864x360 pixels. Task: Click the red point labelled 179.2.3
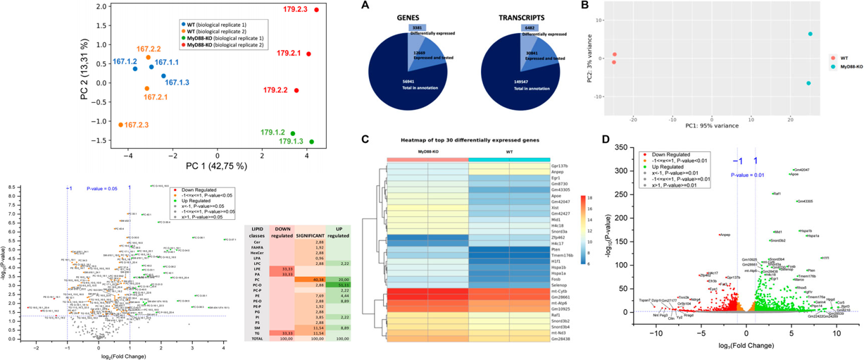(x=317, y=10)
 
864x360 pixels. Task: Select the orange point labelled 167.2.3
(x=121, y=125)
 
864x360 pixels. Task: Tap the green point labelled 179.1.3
(x=311, y=142)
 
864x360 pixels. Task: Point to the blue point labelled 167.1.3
(x=163, y=76)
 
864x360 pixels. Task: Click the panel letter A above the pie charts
(x=363, y=6)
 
